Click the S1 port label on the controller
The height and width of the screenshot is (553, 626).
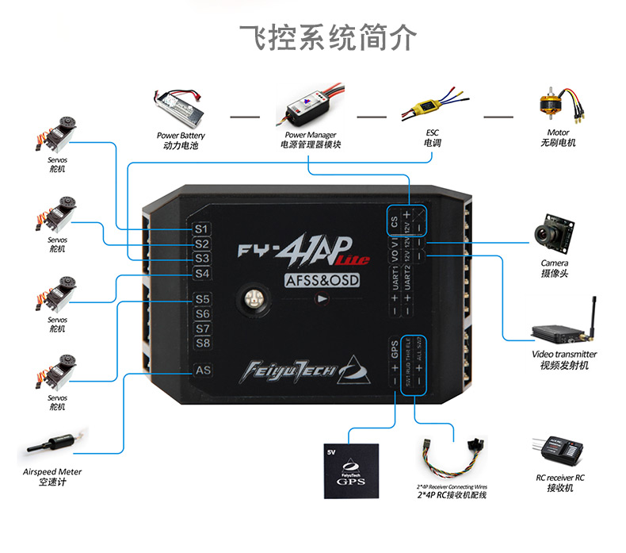click(x=202, y=228)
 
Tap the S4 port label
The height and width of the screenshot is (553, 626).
click(x=202, y=273)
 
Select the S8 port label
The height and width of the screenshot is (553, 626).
click(x=202, y=343)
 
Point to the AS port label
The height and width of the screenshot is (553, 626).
click(x=203, y=371)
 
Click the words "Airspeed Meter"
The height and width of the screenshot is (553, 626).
click(x=52, y=471)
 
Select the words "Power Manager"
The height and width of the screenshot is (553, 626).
click(x=311, y=135)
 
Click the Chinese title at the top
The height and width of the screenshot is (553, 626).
click(x=326, y=36)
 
